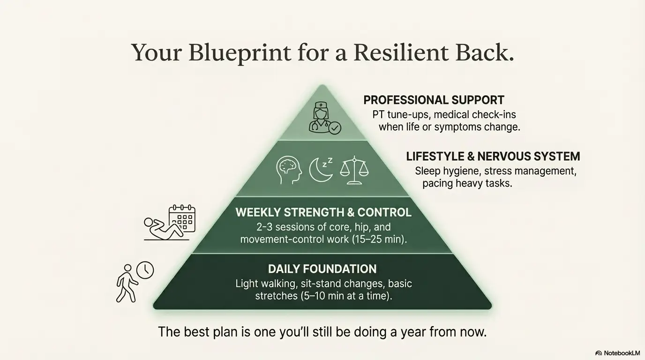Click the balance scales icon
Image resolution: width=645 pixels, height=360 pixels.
pyautogui.click(x=354, y=169)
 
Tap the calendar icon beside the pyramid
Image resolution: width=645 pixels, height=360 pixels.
pyautogui.click(x=182, y=217)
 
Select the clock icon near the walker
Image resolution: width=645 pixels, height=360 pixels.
pyautogui.click(x=145, y=270)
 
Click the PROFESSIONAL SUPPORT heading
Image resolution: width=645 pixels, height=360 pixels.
pyautogui.click(x=434, y=100)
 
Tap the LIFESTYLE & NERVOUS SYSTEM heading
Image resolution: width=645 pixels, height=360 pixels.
pyautogui.click(x=493, y=157)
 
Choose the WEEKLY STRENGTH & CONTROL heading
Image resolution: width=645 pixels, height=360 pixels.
pyautogui.click(x=323, y=212)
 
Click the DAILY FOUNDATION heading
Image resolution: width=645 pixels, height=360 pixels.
pyautogui.click(x=322, y=269)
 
